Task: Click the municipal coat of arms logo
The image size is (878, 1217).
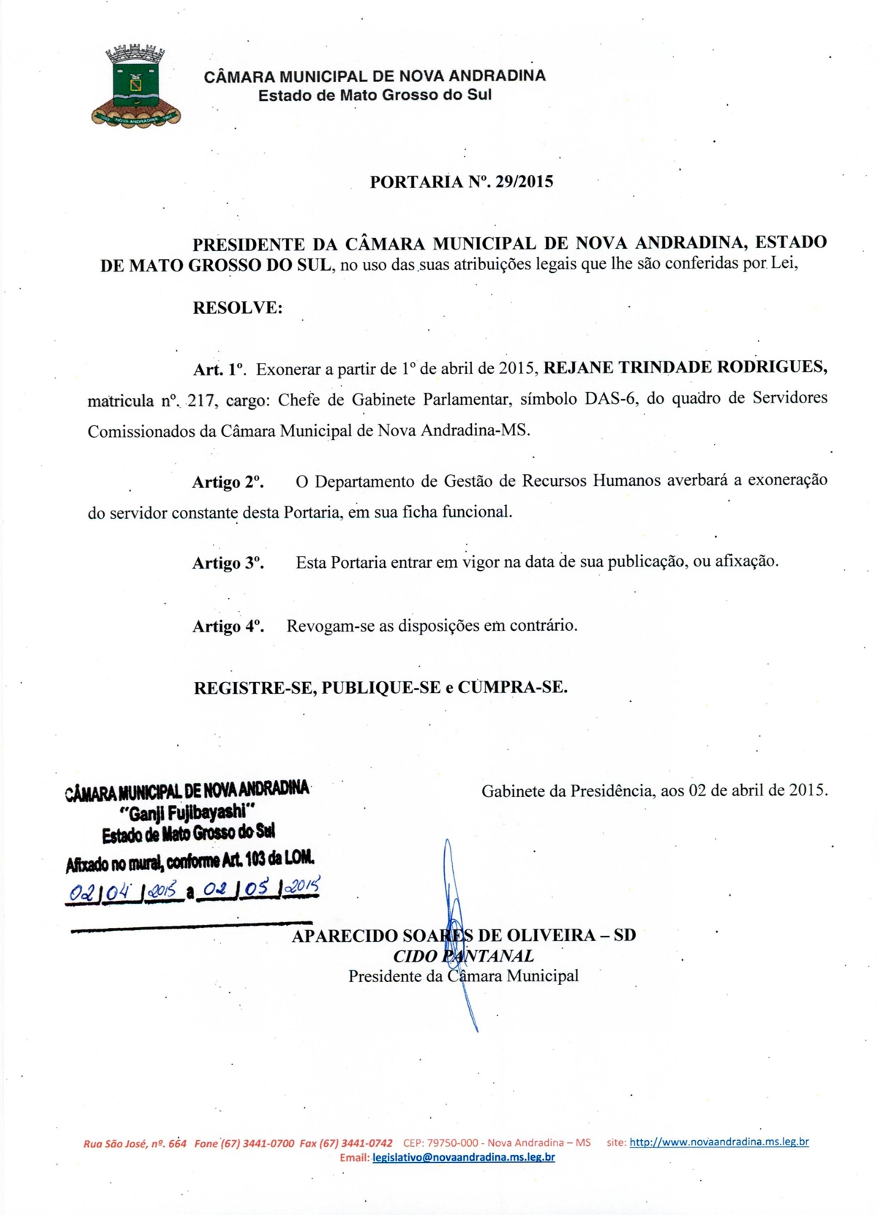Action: [135, 86]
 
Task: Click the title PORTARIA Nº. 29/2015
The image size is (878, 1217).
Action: [461, 181]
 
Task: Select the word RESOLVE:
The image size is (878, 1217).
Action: [237, 308]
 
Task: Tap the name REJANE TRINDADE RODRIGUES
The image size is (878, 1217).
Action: [686, 367]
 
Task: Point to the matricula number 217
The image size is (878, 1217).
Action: [198, 400]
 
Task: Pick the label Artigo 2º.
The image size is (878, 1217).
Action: [228, 482]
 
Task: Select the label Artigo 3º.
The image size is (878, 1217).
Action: [228, 563]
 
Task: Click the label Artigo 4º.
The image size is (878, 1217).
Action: [228, 626]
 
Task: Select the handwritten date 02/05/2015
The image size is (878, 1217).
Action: [260, 888]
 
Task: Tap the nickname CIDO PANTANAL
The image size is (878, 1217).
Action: [463, 956]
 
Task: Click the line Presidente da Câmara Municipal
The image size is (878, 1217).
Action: [463, 976]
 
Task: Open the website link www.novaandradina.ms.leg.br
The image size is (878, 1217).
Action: [718, 1142]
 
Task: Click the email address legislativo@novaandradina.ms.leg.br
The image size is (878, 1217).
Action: [463, 1158]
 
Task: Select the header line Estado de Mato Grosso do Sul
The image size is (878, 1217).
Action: [375, 95]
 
